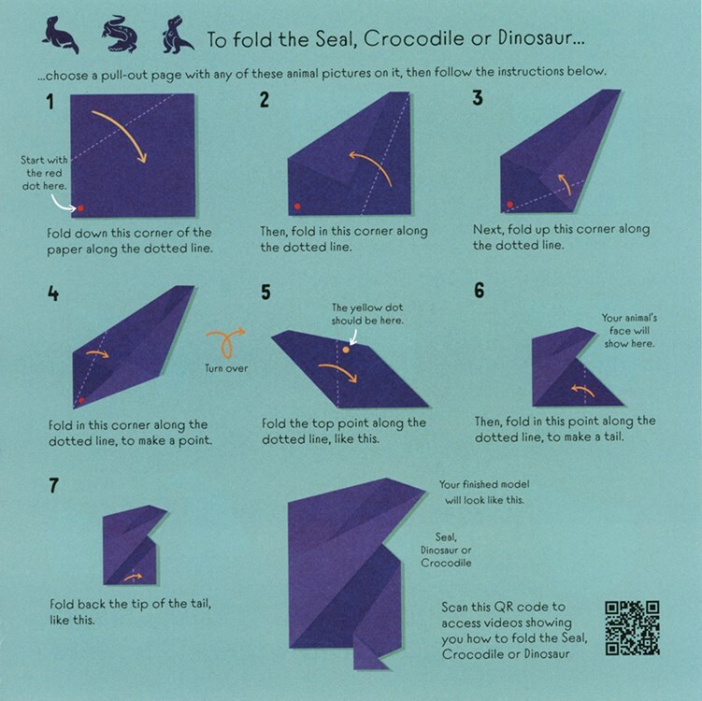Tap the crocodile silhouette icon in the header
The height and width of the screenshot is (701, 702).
(x=119, y=35)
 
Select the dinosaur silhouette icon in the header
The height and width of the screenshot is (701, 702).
(x=173, y=35)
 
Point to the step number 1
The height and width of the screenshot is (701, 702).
(x=48, y=100)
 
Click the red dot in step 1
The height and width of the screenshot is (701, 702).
(x=80, y=207)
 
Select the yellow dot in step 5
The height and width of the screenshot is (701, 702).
(x=345, y=350)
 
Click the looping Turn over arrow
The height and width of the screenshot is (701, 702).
(x=226, y=342)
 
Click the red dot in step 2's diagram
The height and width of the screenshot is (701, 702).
(x=297, y=205)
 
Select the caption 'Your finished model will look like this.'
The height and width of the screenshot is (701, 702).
(x=482, y=492)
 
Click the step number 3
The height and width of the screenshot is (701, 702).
(x=478, y=100)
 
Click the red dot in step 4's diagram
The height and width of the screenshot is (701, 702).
(x=81, y=399)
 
